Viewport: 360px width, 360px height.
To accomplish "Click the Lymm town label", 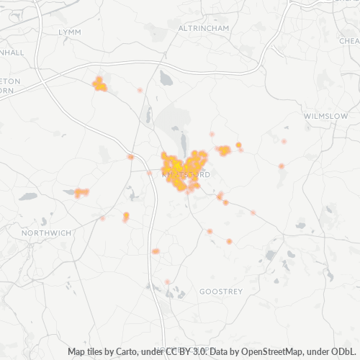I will click(x=70, y=32).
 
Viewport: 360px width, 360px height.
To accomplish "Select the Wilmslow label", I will click(x=325, y=115).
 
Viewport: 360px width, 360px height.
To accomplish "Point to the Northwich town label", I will click(x=47, y=233).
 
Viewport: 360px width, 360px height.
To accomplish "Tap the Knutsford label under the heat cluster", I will click(x=186, y=174).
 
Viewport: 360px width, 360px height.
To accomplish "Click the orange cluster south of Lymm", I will click(x=99, y=85).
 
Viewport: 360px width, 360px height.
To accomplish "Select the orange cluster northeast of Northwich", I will click(x=81, y=192).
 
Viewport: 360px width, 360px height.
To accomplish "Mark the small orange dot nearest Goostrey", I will click(x=229, y=242).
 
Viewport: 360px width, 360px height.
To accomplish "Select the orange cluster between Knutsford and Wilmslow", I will click(x=225, y=150).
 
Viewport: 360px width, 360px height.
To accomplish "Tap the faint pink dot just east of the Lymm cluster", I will click(x=140, y=90).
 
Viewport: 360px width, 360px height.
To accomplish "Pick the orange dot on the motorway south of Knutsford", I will click(x=155, y=251).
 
